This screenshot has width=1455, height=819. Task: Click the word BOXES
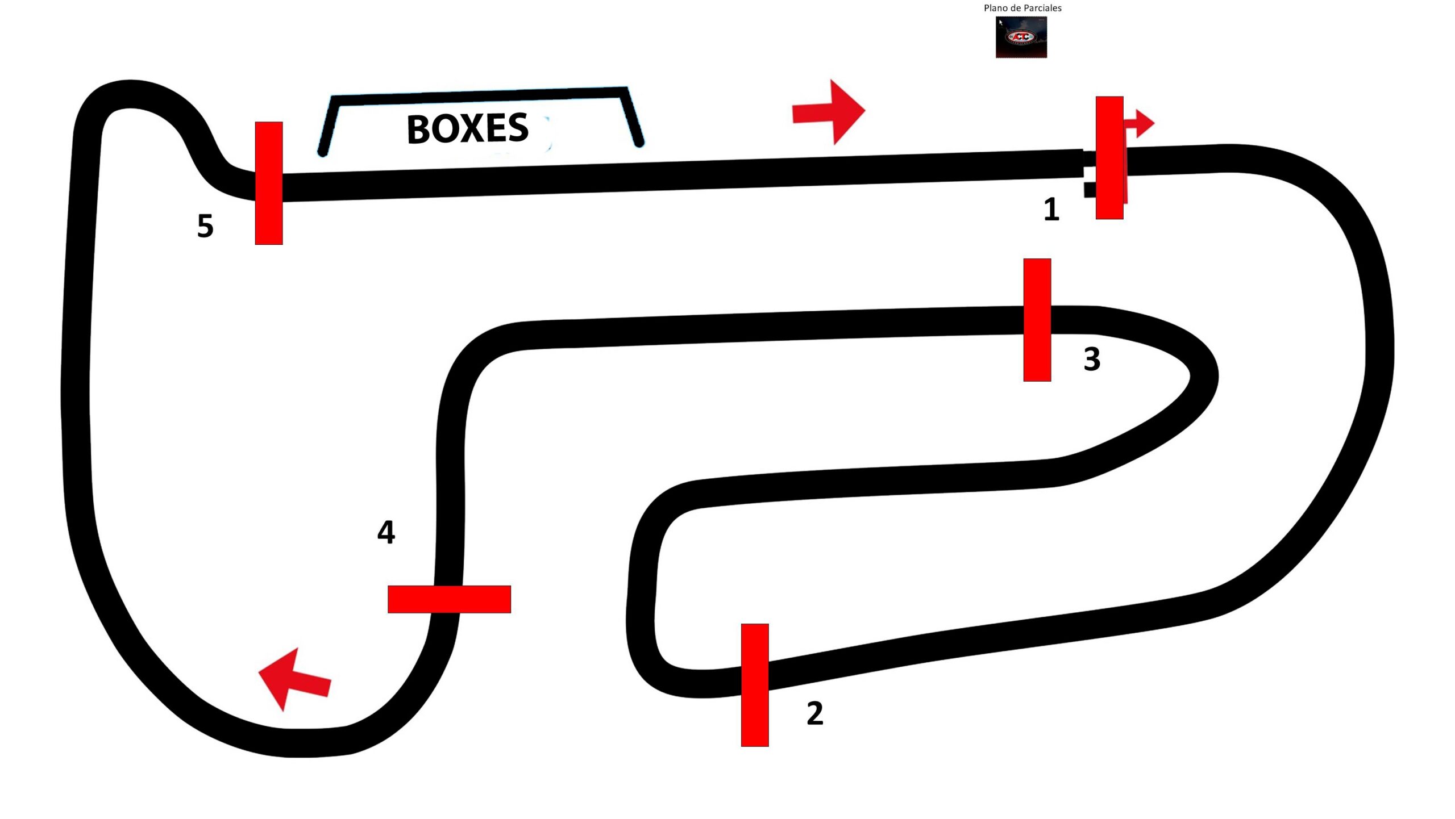tap(468, 128)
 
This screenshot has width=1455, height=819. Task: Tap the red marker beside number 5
tap(269, 183)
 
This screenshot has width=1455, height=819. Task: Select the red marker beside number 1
tap(1109, 157)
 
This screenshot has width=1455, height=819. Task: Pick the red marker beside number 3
tap(1037, 320)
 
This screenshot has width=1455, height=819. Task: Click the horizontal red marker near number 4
tap(449, 599)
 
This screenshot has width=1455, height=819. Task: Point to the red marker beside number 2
tap(755, 685)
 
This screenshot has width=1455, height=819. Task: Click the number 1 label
tap(1051, 209)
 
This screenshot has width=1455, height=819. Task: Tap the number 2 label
tap(815, 713)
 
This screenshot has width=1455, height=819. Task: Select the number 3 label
tap(1092, 359)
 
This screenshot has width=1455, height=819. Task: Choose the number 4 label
tap(386, 532)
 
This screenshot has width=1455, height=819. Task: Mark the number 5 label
tap(205, 226)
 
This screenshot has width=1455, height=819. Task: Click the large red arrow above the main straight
tap(829, 112)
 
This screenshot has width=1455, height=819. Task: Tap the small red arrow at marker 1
tap(1139, 123)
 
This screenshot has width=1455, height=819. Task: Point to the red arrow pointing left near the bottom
tap(294, 679)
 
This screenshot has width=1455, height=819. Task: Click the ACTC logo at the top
tap(1021, 37)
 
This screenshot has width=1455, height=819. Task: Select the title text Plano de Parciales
tap(1022, 8)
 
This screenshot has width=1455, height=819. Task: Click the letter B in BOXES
tap(418, 129)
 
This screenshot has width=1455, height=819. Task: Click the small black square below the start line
tap(1090, 190)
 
